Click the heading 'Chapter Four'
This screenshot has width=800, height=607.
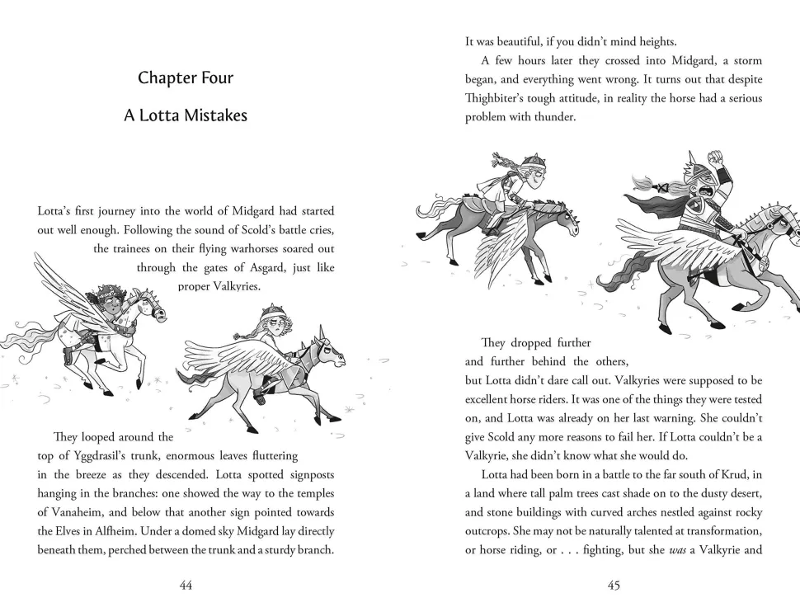click(x=186, y=78)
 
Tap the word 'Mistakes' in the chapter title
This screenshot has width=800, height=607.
click(x=217, y=115)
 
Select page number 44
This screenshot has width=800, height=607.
click(x=186, y=586)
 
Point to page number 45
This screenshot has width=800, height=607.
click(x=614, y=586)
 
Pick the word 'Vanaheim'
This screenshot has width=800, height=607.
click(x=73, y=512)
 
